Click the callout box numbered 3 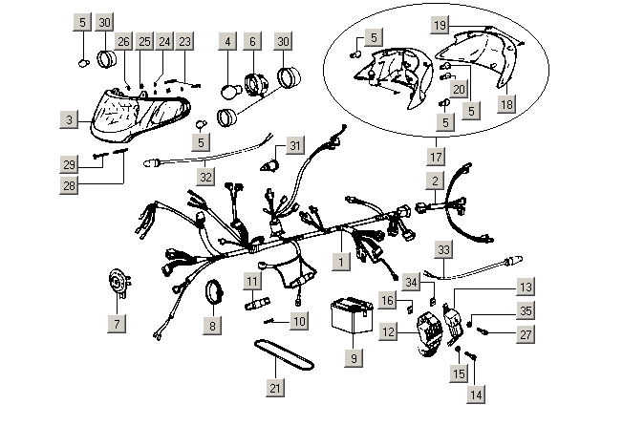(x=70, y=120)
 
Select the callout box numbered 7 (x=118, y=324)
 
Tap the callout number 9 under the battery (x=353, y=358)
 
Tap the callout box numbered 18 (x=506, y=103)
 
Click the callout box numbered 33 (x=443, y=249)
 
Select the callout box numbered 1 (x=341, y=258)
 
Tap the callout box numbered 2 (x=435, y=180)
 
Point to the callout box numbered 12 (x=389, y=330)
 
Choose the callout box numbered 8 (x=211, y=324)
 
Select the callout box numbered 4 (x=227, y=42)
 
